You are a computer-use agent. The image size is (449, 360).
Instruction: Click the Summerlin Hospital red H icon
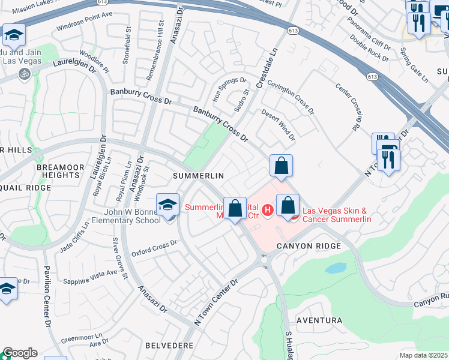(268, 210)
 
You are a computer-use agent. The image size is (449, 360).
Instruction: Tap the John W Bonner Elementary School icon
(168, 205)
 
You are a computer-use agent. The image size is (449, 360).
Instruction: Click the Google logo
(19, 353)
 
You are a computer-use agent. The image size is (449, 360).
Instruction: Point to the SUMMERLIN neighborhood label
(198, 176)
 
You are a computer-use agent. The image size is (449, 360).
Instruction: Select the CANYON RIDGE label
(309, 246)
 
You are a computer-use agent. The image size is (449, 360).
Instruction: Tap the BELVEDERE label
(169, 346)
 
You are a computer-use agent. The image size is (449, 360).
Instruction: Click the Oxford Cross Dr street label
(155, 248)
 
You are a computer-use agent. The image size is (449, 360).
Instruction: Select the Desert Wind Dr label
(278, 125)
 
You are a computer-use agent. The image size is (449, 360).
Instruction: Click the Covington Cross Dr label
(291, 98)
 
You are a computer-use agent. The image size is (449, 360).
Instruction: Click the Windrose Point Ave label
(84, 21)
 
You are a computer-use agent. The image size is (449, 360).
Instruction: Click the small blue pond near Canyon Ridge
(337, 268)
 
